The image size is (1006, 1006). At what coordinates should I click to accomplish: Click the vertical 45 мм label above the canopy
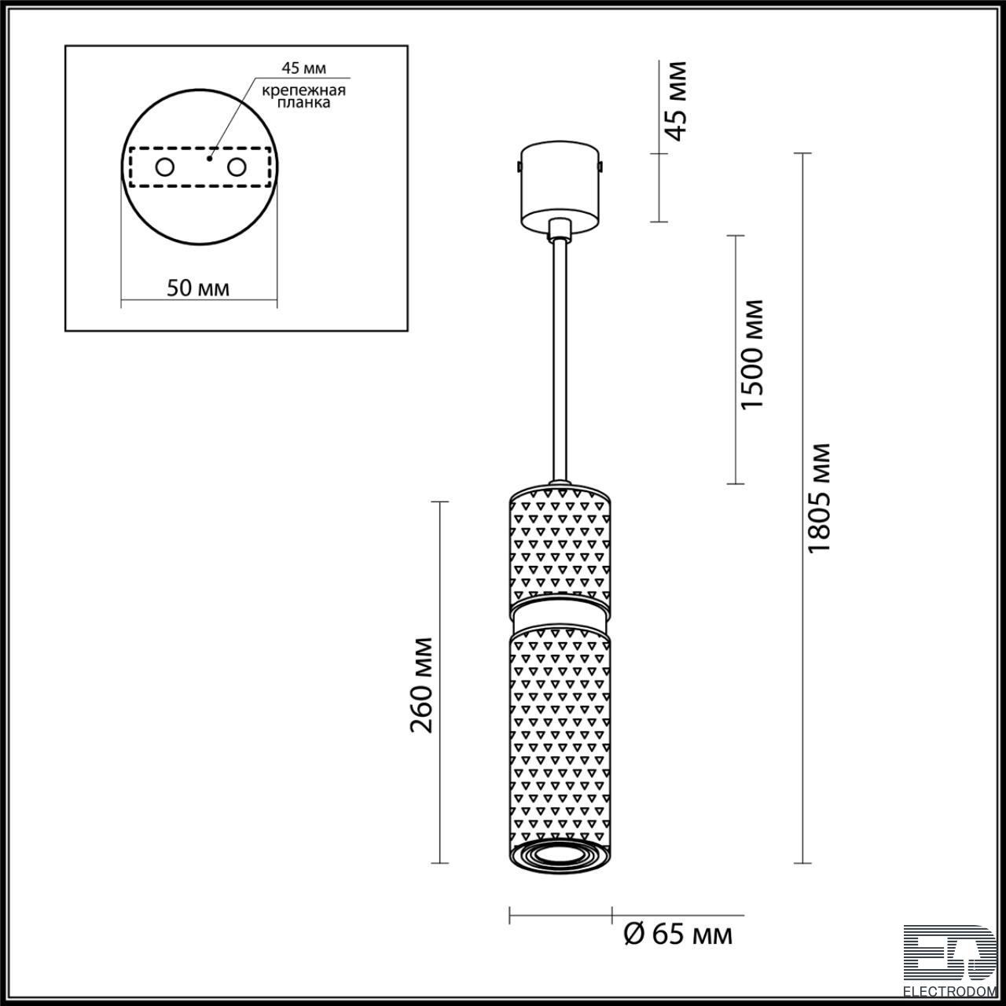pos(677,101)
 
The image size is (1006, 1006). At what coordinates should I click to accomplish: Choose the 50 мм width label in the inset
pos(198,288)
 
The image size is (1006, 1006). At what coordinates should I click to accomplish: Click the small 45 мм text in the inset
pos(304,68)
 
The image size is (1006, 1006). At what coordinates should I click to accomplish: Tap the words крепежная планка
pos(304,97)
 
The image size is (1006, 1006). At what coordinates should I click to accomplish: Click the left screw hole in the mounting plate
pos(164,167)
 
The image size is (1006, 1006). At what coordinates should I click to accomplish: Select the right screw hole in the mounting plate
pos(237,167)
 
